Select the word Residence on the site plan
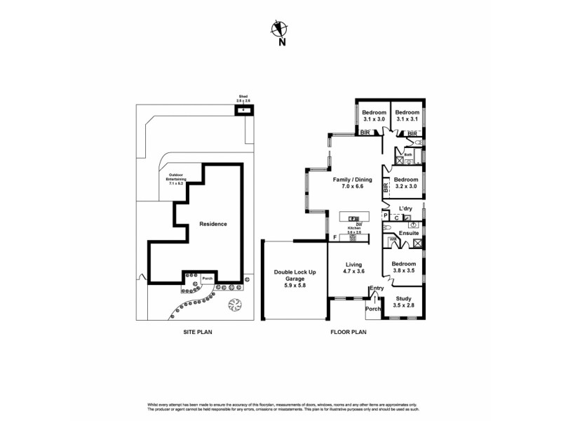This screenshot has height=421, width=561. point(213,224)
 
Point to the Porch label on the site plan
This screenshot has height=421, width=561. point(207,279)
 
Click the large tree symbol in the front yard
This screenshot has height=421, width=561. point(235,305)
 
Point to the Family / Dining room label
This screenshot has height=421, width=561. point(353,183)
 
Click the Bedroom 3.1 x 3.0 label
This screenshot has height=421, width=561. point(374,116)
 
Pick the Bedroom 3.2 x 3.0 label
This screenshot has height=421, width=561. point(404,183)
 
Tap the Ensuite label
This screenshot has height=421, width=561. point(409,233)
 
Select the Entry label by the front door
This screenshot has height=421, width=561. point(377,289)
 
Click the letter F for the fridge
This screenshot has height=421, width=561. point(335,238)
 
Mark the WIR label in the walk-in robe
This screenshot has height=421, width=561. point(393,239)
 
